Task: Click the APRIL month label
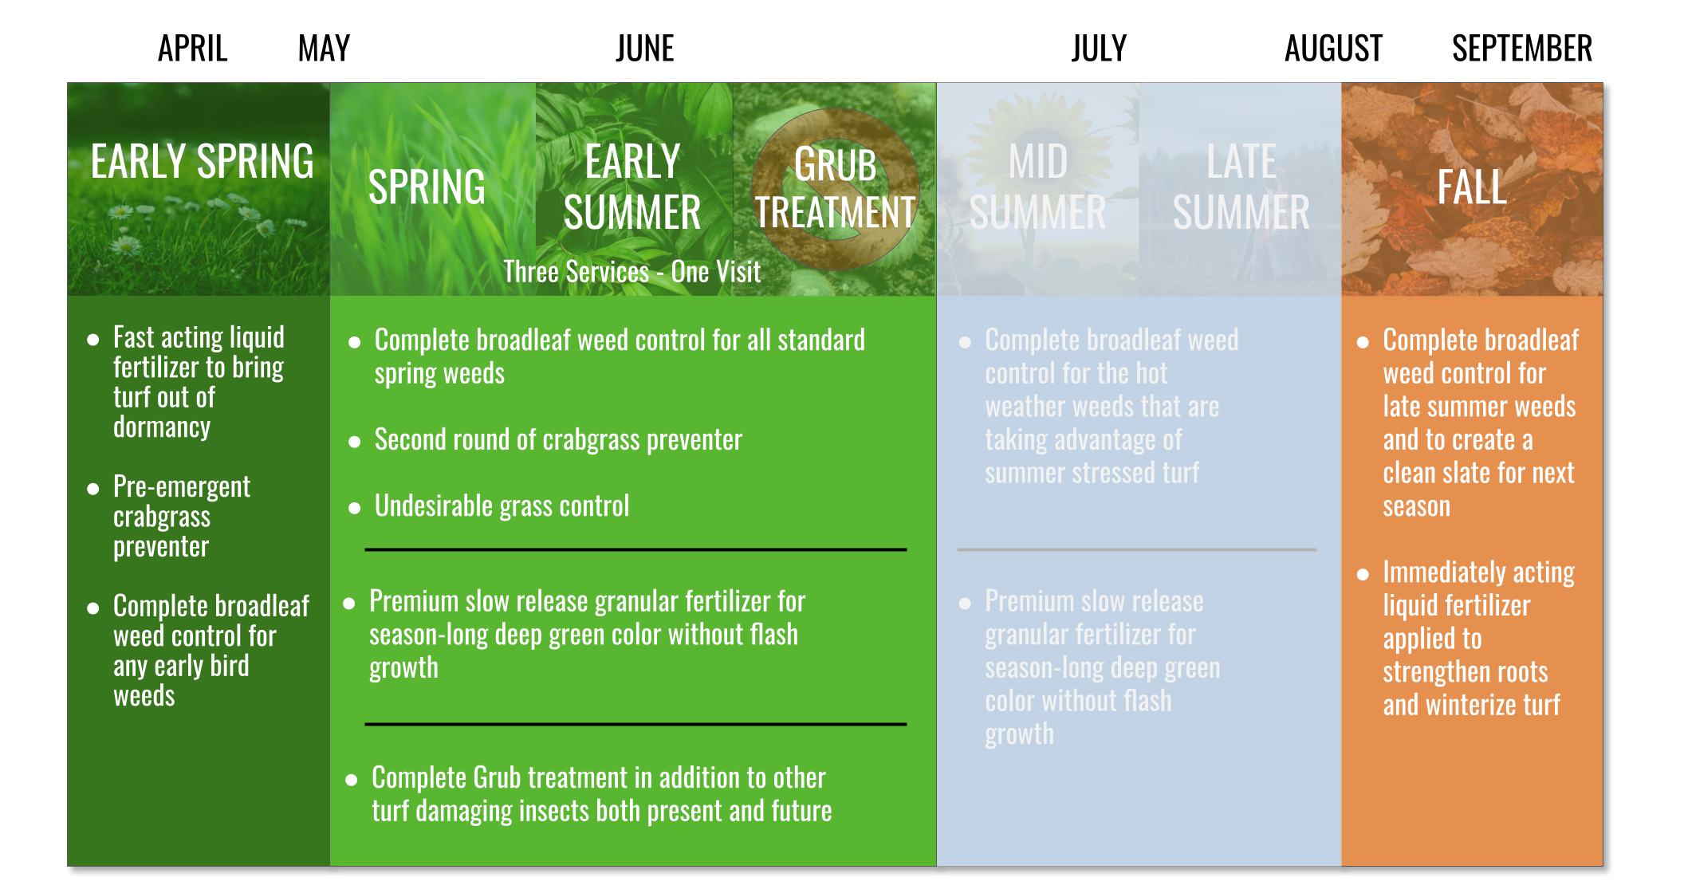coord(193,49)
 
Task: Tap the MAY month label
coord(324,49)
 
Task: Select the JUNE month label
coord(645,49)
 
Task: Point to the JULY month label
coord(1099,49)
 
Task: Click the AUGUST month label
coord(1333,49)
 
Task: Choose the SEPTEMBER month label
coord(1522,49)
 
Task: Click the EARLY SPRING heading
coord(203,162)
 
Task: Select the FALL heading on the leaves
coord(1472,187)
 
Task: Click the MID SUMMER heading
coord(1037,187)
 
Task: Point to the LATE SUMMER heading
coord(1241,187)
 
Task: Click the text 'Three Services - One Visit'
coord(632,272)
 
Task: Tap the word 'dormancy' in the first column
coord(162,427)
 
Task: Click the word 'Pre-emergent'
coord(182,486)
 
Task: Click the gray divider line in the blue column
coord(1137,549)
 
